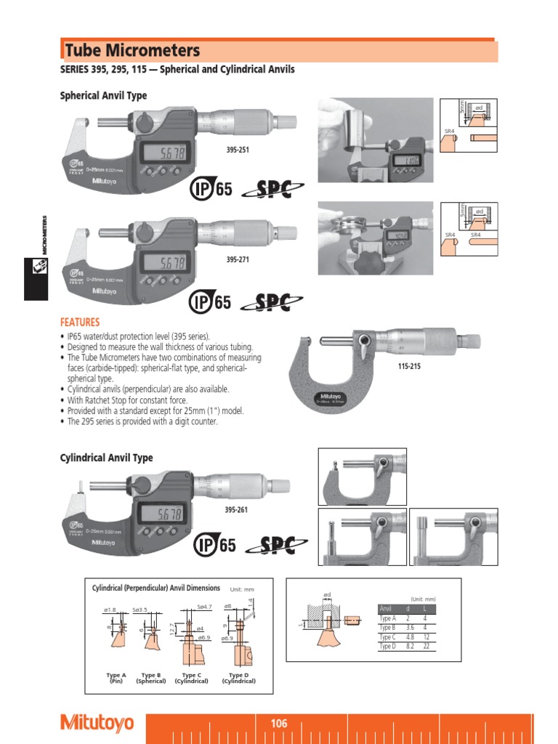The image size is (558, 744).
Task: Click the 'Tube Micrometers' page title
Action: [132, 51]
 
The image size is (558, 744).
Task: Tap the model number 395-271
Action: [238, 259]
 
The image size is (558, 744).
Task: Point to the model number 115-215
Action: [409, 366]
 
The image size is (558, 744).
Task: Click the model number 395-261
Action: [236, 509]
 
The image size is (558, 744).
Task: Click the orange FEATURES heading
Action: [79, 322]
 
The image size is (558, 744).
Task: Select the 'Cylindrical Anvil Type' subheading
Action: [105, 458]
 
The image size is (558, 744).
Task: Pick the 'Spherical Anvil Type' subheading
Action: [102, 95]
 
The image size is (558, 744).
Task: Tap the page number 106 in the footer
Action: [279, 724]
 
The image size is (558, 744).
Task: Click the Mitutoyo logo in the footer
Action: [97, 723]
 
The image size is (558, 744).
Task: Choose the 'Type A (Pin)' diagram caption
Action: [116, 678]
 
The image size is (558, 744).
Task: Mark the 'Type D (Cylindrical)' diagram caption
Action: [239, 678]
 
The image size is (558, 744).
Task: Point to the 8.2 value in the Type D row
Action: [409, 646]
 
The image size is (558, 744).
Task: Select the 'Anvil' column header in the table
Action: [386, 608]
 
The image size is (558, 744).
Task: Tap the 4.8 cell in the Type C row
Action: [409, 636]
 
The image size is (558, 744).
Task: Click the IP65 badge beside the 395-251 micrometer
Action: [211, 190]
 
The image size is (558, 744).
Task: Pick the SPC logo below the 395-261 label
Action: [278, 544]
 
